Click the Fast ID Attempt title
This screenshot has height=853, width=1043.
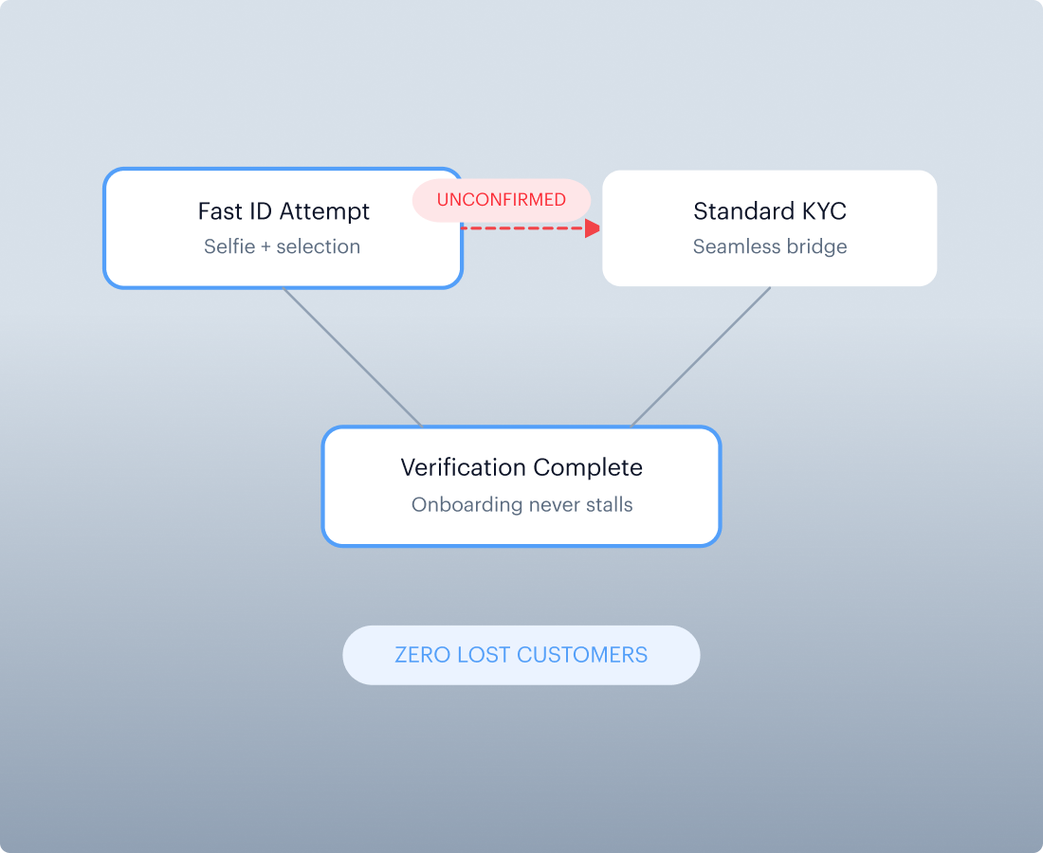click(x=284, y=211)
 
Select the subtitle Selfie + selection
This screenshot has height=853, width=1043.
click(x=282, y=246)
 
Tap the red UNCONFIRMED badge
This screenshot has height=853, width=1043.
click(x=502, y=199)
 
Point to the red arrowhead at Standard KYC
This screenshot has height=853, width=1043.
click(x=592, y=228)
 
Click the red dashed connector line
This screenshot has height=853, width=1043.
click(x=523, y=228)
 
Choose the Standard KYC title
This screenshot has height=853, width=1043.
click(x=770, y=211)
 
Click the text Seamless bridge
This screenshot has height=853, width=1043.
click(x=770, y=246)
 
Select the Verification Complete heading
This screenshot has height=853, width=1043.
click(x=521, y=467)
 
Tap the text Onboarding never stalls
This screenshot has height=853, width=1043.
click(x=521, y=504)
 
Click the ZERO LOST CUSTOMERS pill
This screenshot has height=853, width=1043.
click(x=521, y=655)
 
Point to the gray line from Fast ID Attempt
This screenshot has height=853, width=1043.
click(x=353, y=357)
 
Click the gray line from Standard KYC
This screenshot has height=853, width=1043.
click(x=701, y=357)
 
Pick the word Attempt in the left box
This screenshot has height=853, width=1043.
click(x=324, y=212)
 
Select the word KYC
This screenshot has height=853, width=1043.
click(x=824, y=211)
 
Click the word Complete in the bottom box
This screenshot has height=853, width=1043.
click(x=588, y=468)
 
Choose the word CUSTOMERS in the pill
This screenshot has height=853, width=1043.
click(x=582, y=655)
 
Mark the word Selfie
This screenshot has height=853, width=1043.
click(x=229, y=246)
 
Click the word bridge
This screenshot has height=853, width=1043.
click(x=816, y=246)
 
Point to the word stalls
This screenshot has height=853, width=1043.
click(x=610, y=504)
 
